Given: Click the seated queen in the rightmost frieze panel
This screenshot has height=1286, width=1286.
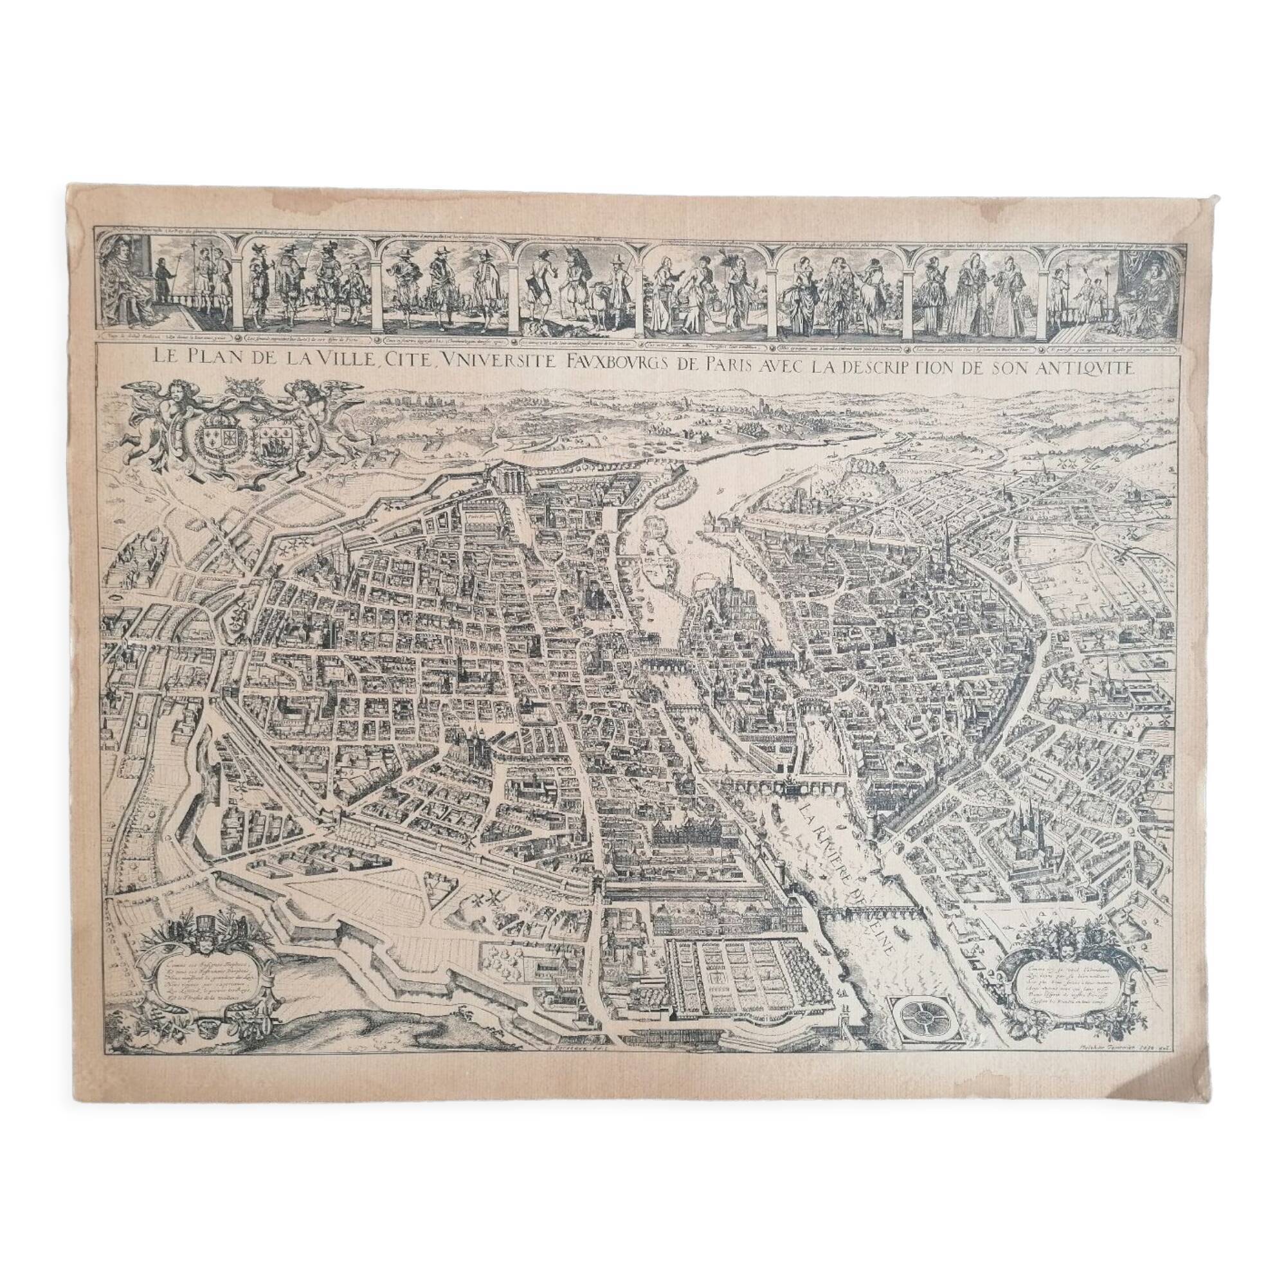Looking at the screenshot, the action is point(1146,293).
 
